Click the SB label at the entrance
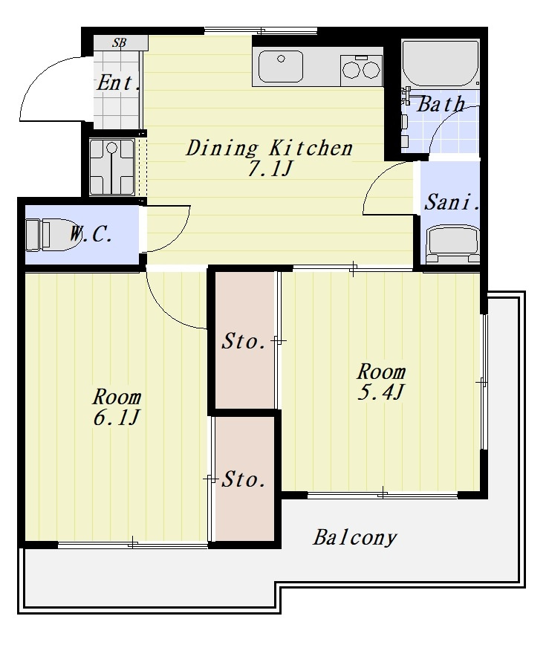pos(120,42)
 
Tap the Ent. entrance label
pos(118,82)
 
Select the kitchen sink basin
pos(281,66)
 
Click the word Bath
pos(441,104)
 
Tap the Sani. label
pos(452,202)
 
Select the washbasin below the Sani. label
pos(452,244)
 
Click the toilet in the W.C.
pos(53,235)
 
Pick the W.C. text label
pos(91,235)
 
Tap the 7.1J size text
pos(270,168)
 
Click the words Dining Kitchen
pos(270,149)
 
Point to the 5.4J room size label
pos(380,392)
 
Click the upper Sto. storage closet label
pos(244,341)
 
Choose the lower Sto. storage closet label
pos(244,479)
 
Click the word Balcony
pos(355,538)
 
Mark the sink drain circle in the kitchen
pos(281,59)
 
